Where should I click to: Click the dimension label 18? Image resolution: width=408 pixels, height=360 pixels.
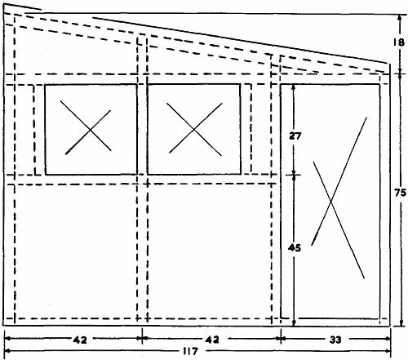coord(399,42)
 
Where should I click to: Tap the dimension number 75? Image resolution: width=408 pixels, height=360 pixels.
coord(400,193)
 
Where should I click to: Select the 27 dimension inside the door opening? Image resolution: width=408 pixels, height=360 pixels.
coord(295,136)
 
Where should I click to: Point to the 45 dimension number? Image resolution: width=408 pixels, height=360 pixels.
coord(295,248)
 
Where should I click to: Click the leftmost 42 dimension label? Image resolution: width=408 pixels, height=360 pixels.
coord(80,340)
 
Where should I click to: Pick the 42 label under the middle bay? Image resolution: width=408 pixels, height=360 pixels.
coord(212,340)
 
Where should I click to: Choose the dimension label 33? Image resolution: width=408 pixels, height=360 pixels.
coord(335,340)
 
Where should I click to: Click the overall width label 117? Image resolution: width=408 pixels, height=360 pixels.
coord(190,352)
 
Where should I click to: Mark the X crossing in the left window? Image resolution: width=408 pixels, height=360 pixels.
coord(90,131)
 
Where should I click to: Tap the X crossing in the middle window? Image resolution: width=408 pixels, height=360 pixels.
coord(194,130)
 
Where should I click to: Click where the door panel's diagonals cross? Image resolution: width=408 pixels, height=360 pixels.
coord(331,202)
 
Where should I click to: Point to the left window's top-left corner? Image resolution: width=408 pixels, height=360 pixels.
coord(45,85)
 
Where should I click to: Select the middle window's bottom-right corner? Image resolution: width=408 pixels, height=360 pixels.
coord(241,174)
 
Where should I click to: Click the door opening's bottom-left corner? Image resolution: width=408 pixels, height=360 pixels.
coord(281,318)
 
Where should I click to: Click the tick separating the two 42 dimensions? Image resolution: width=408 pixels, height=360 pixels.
coord(142,338)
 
